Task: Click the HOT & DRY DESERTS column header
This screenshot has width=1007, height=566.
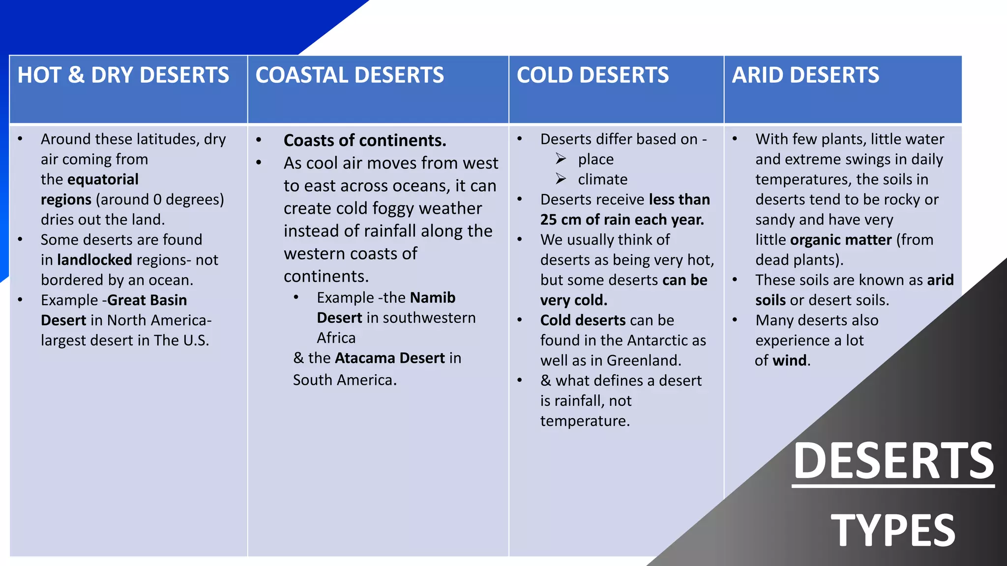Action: pos(123,75)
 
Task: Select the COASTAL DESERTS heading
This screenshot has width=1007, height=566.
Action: pos(350,75)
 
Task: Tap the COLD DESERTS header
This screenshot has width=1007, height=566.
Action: pos(592,75)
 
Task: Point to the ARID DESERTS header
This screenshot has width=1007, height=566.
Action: pos(805,75)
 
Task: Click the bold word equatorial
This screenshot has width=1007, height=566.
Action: pos(103,179)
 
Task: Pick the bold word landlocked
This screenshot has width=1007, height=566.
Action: pos(94,260)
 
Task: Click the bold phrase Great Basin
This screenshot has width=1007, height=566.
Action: pos(147,300)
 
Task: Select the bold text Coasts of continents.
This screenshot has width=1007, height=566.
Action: pos(365,141)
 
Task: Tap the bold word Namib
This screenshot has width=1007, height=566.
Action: pos(433,298)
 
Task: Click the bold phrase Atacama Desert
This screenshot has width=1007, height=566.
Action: pos(390,358)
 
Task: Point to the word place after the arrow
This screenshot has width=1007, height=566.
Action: pos(596,159)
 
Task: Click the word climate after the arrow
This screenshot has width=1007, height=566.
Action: pos(603,179)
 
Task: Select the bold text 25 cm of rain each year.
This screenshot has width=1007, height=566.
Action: pos(622,220)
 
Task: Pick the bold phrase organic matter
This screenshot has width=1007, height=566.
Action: pos(841,240)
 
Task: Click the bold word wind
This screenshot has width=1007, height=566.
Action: pos(790,361)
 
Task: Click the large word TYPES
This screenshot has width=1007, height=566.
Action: pos(893,530)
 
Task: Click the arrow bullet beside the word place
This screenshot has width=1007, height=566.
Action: pos(561,159)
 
